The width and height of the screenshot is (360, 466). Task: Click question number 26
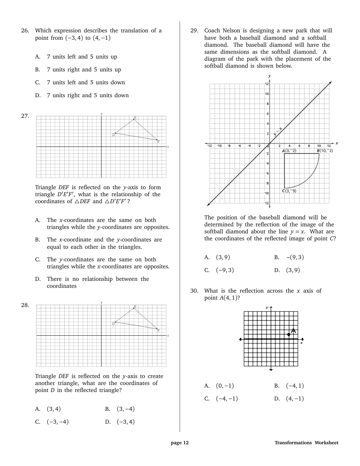click(x=25, y=31)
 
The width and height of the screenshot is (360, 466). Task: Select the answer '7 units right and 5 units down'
click(x=88, y=95)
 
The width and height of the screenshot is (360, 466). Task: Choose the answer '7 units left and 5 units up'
click(x=82, y=57)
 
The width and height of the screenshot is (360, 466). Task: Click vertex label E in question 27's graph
click(x=135, y=118)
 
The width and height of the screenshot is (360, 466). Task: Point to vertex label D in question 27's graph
click(x=113, y=135)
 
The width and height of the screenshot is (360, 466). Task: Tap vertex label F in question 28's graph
click(x=158, y=331)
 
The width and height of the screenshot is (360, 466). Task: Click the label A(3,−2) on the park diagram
click(x=289, y=151)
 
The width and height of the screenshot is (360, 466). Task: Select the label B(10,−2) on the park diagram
click(x=325, y=151)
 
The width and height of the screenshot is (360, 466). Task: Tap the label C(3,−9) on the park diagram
click(x=289, y=191)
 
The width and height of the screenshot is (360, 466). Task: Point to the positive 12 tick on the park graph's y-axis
click(x=267, y=84)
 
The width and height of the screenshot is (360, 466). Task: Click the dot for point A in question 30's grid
click(x=289, y=335)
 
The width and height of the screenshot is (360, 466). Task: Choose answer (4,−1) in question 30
click(x=295, y=399)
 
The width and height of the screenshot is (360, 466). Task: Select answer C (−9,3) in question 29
click(x=225, y=270)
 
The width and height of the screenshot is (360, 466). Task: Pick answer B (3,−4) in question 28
click(x=125, y=409)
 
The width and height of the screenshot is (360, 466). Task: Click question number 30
click(x=194, y=291)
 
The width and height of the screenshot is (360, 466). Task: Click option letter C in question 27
click(x=38, y=260)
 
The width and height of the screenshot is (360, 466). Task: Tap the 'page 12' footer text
click(x=180, y=443)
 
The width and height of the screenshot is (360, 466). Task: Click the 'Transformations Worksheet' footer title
click(x=306, y=443)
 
